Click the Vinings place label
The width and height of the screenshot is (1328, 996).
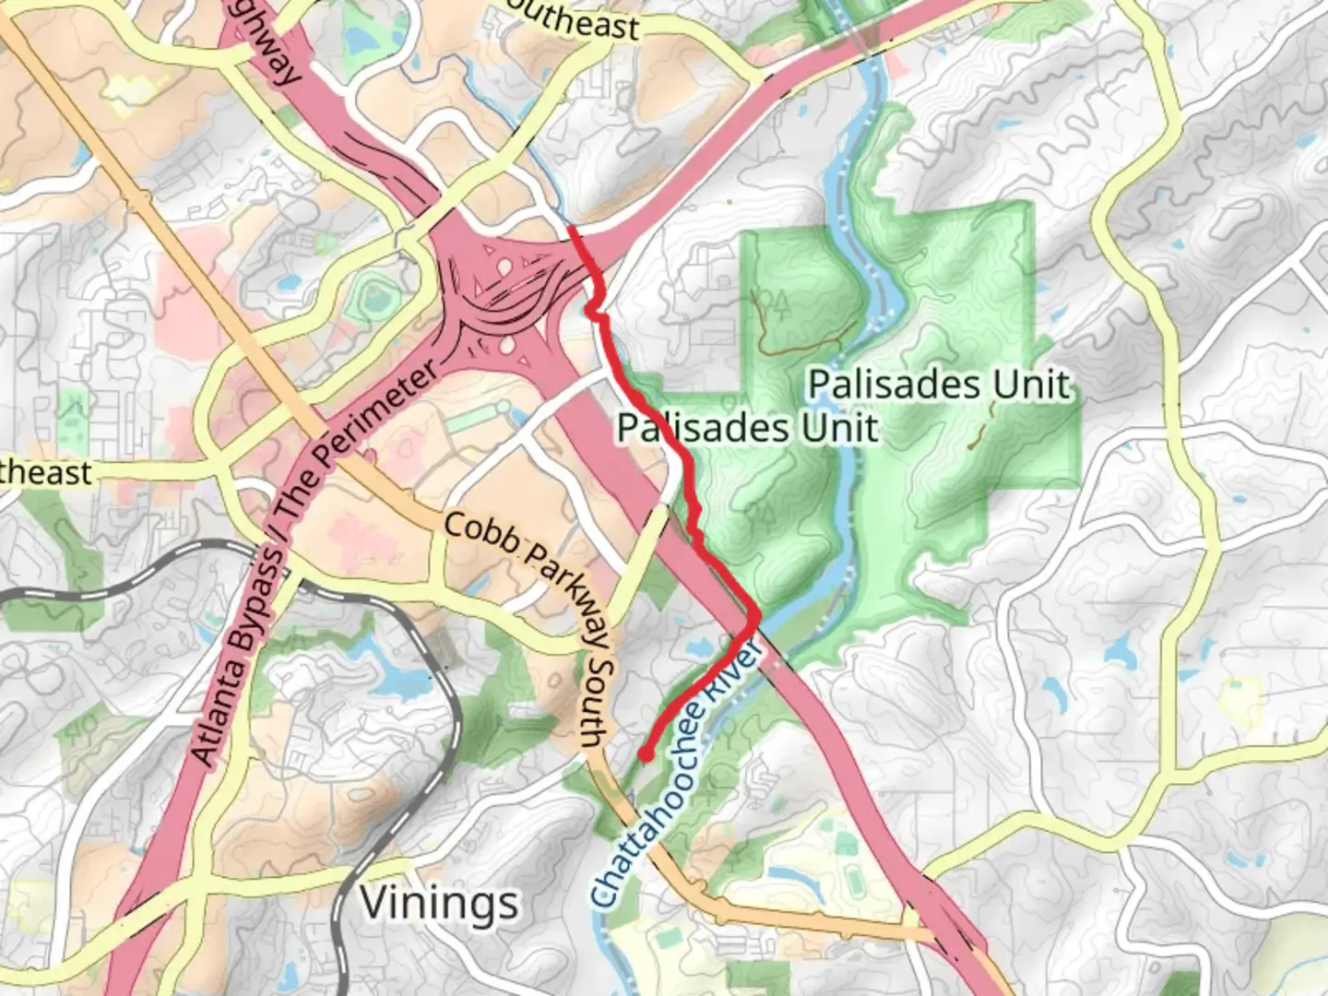tap(439, 902)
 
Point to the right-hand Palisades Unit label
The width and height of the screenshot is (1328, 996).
tap(940, 385)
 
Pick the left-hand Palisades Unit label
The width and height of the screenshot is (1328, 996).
tap(747, 428)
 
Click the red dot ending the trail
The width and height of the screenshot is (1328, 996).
tap(646, 755)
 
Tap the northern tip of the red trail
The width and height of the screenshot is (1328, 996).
tap(572, 229)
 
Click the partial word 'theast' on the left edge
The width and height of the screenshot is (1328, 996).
tap(46, 473)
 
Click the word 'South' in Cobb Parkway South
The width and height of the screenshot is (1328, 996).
tap(598, 701)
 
